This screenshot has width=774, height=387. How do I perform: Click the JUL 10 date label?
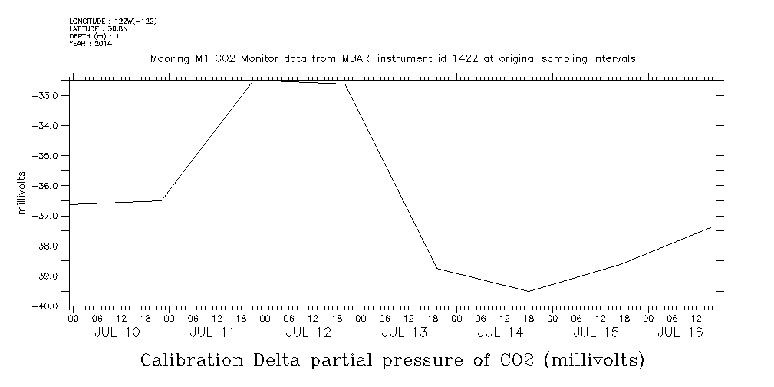click(x=117, y=332)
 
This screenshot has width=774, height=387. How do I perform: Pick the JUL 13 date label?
click(x=404, y=332)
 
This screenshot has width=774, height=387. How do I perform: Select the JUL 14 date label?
click(x=500, y=332)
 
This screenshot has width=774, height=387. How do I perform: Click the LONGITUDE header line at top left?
click(x=113, y=21)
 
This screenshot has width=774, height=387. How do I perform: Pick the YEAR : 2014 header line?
click(x=90, y=44)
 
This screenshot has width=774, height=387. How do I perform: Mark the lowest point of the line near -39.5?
click(x=529, y=291)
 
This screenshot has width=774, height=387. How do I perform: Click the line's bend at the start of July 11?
click(x=163, y=200)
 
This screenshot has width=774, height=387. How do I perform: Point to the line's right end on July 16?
click(x=713, y=227)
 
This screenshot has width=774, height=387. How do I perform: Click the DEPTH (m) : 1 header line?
click(x=94, y=36)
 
